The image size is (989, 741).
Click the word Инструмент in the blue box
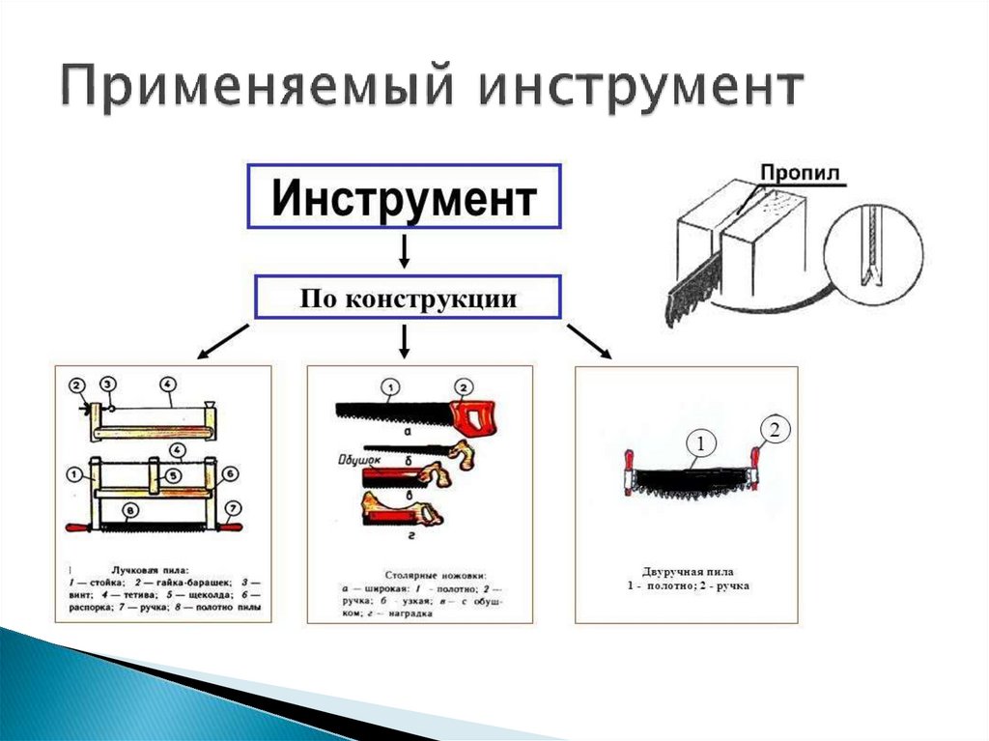pos(404,198)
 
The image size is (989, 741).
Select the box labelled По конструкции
pos(407,299)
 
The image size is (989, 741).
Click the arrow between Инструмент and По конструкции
pos(406,252)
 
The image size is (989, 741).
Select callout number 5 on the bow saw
pos(171,475)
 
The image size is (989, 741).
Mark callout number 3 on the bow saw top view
pos(109,385)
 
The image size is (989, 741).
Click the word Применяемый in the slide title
pos(252,89)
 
